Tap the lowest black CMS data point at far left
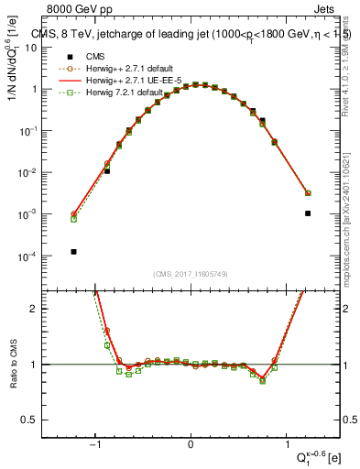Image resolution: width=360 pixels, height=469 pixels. [x=73, y=251]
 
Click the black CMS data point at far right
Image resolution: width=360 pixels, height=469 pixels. [x=308, y=213]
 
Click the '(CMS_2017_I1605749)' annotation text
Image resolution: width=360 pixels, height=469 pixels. [x=191, y=274]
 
